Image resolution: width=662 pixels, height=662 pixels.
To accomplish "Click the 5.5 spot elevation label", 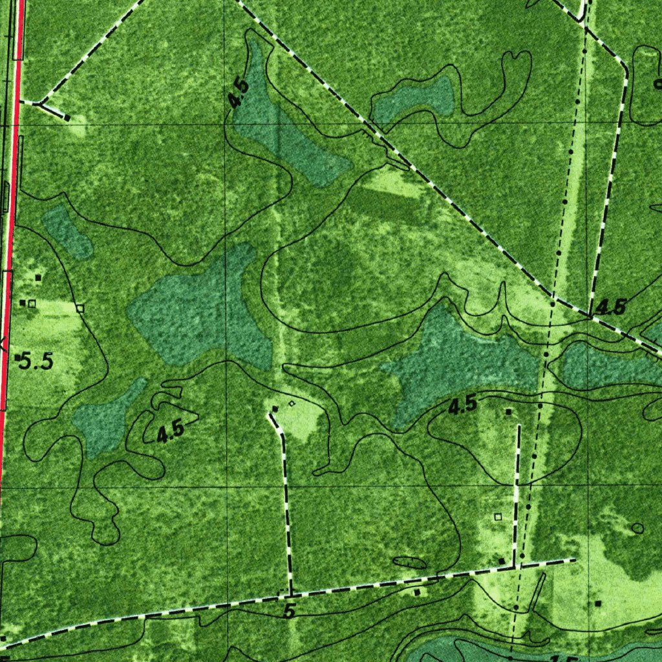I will pos(36,361).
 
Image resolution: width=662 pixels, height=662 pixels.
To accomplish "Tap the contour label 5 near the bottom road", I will pos(290,612).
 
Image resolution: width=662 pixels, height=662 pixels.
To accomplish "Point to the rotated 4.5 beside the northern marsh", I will pos(239,94).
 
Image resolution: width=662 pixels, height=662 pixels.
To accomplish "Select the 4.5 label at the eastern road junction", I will pos(610,307).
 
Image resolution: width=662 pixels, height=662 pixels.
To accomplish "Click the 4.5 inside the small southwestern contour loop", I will pos(171,432).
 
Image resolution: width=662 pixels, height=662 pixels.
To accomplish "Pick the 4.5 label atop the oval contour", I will pos(462,406).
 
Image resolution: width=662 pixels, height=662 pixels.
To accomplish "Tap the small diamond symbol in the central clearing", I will pos(292,403).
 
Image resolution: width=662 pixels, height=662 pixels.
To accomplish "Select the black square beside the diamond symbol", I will pos(275,409).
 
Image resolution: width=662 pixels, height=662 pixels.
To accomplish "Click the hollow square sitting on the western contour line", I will pos(80,308).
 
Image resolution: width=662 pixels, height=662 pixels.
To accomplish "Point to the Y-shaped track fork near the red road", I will pos(41,102).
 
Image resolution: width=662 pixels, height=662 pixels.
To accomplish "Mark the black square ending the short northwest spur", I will pos(67,118).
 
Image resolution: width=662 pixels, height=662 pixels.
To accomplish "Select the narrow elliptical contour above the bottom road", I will pos(409,562).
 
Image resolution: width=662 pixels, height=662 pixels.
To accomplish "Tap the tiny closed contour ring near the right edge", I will pos(637,528).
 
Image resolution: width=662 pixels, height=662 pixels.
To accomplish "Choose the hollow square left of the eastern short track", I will pos(497,517).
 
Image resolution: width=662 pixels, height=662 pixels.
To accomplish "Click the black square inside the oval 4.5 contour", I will pos(509,411).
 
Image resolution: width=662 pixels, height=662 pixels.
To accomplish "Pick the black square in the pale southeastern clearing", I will pos(599,603).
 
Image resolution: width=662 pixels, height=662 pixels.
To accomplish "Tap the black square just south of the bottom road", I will pos(417,592).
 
